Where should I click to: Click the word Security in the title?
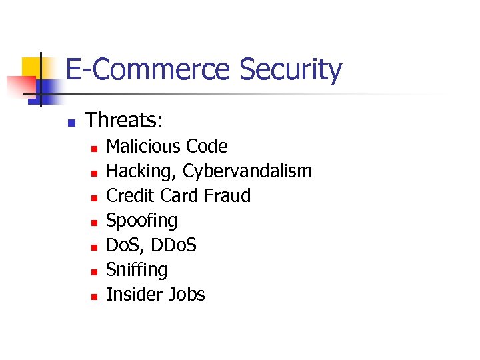[x=290, y=70]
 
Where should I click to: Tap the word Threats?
[x=125, y=121]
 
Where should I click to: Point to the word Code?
[x=207, y=147]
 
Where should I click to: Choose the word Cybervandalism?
[x=247, y=171]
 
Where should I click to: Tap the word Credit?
[x=128, y=196]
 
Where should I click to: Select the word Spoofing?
[x=142, y=221]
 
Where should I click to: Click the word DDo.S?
[x=173, y=245]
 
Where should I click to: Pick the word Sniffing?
[x=137, y=270]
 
